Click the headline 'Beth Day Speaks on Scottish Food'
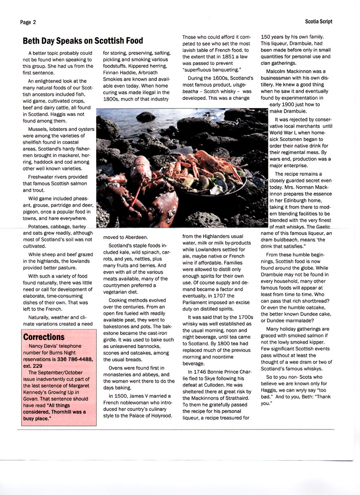[83, 41]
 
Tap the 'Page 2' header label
[28, 22]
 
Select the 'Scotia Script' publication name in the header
[318, 21]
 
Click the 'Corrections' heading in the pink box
[44, 337]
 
